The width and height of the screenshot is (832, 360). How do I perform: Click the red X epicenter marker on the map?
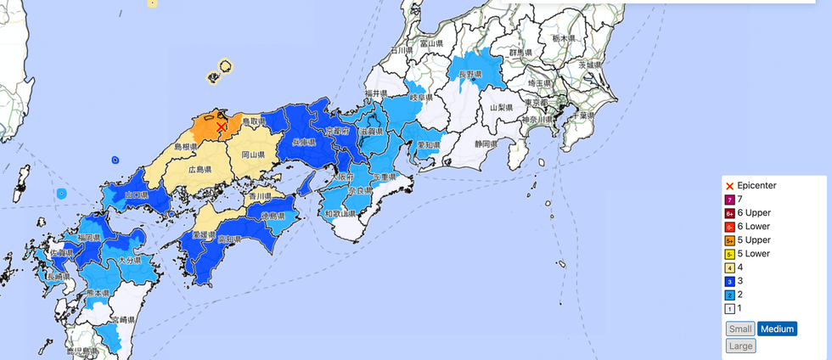221,127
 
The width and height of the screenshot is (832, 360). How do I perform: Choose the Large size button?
740,346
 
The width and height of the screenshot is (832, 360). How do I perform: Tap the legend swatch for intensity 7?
729,199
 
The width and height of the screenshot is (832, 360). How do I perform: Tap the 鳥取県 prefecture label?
256,123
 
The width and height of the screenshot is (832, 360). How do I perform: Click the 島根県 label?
186,147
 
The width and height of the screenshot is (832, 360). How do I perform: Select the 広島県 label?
200,170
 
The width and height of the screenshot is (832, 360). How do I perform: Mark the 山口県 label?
135,195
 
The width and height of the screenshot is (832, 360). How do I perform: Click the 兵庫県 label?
304,142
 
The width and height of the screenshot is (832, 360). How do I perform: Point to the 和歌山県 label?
340,214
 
